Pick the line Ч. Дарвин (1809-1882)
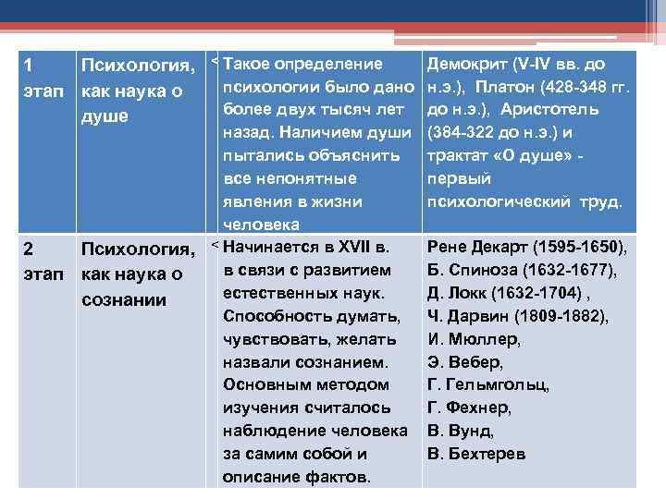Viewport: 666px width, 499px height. pos(518,317)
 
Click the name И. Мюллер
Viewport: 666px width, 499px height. pos(474,340)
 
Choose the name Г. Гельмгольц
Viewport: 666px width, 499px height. pos(487,385)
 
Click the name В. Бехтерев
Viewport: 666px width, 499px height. pos(476,454)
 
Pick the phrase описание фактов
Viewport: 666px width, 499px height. pos(296,477)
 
